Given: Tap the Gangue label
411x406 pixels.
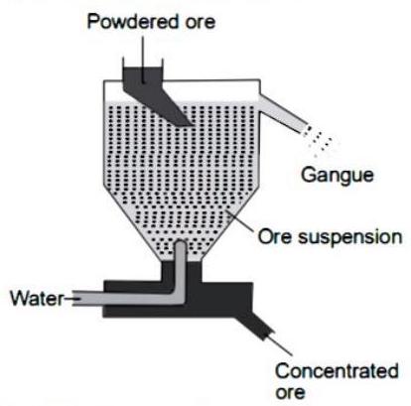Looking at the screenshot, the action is click(337, 176).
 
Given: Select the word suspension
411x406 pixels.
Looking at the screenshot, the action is click(350, 238).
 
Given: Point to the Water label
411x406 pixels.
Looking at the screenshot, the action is click(37, 298).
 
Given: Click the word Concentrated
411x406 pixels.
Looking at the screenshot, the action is click(337, 371).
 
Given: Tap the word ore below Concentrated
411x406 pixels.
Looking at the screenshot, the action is click(290, 392).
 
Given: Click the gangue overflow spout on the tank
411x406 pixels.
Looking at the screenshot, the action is click(283, 114).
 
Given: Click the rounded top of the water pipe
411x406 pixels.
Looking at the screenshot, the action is click(181, 244).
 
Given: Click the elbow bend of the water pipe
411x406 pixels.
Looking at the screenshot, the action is click(178, 296).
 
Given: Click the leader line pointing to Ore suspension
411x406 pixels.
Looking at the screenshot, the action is click(240, 221).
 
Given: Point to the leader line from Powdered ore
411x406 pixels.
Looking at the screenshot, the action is click(143, 59).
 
